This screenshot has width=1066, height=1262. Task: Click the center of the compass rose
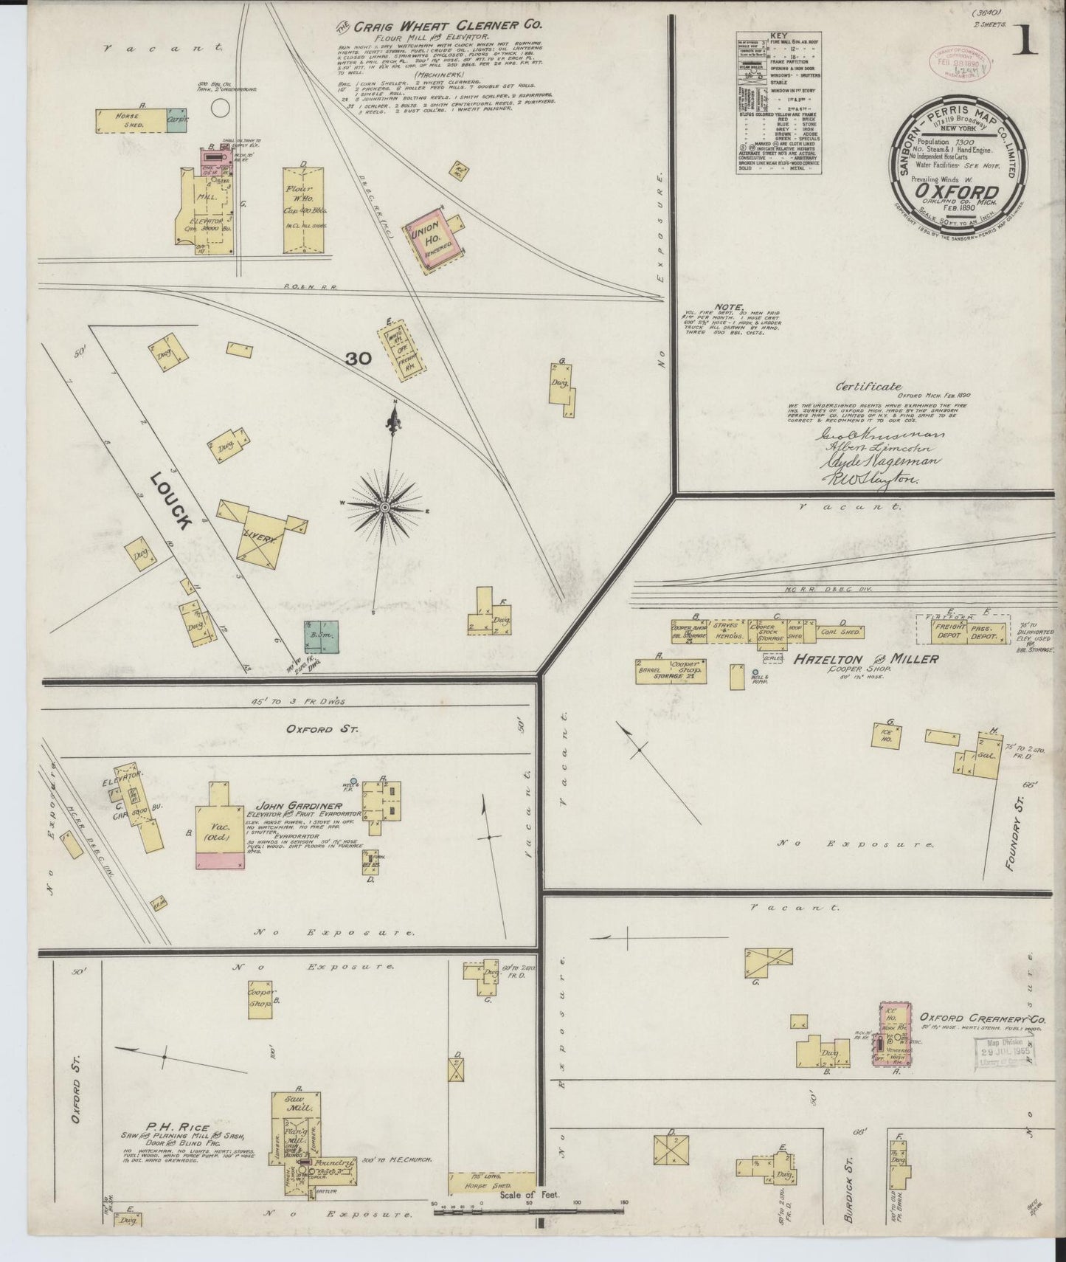click(x=385, y=508)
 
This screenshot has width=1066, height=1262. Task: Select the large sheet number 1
click(x=1025, y=41)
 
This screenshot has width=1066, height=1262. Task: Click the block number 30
click(x=359, y=359)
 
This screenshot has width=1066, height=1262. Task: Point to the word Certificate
click(x=868, y=385)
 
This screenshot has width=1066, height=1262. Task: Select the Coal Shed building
click(x=839, y=632)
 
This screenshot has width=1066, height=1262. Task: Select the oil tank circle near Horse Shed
click(x=219, y=108)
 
